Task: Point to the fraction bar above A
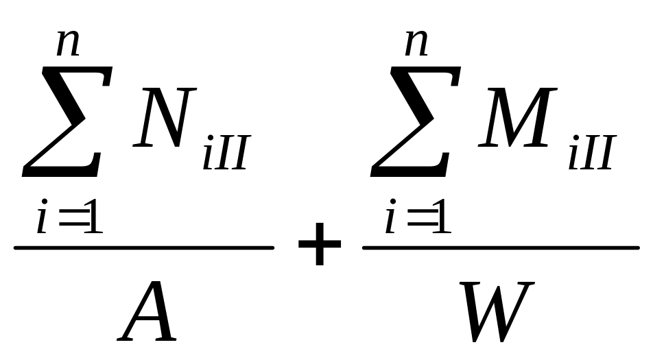[x=144, y=248]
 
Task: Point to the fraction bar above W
[x=501, y=248]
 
